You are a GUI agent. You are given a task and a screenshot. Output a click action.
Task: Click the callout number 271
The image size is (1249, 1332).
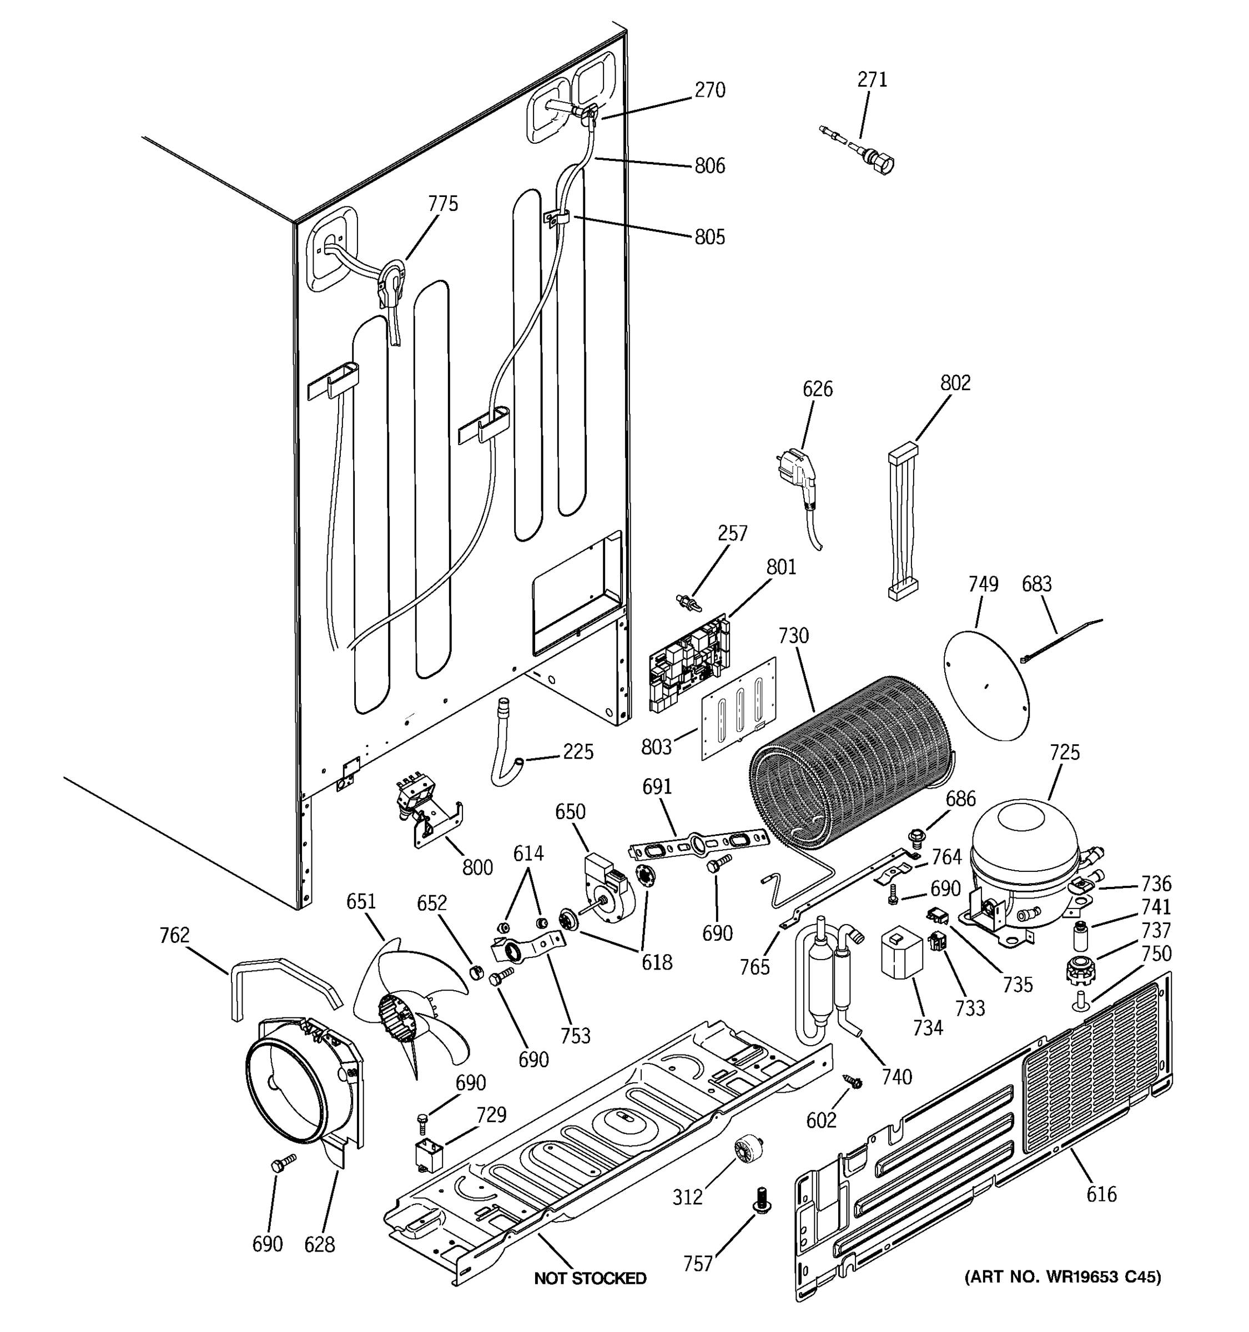872,80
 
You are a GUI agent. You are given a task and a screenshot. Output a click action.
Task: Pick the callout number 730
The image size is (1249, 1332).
793,635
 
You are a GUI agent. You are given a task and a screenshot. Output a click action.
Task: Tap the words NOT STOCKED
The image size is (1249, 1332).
590,1278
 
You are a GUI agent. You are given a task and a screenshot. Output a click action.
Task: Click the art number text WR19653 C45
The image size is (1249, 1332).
1062,1277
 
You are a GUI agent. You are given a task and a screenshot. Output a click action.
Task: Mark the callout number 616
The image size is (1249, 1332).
1101,1193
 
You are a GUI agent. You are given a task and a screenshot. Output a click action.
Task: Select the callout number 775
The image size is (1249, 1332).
443,204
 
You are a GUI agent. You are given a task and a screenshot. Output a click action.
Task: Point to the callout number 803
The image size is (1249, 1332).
656,746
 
